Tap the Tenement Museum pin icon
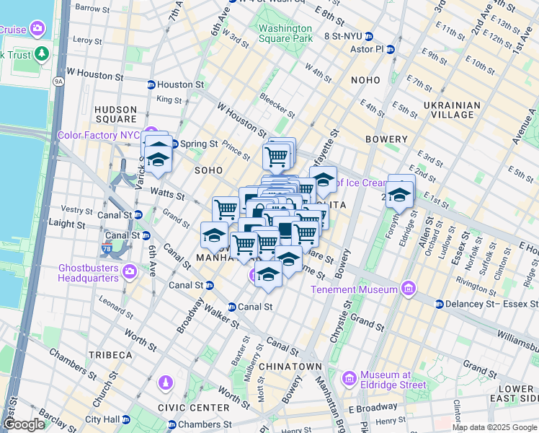click(x=409, y=289)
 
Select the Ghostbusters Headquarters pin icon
click(x=130, y=271)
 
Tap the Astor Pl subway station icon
click(x=391, y=50)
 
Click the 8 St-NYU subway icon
click(x=367, y=36)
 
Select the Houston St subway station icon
click(x=151, y=84)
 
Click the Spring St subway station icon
click(x=174, y=144)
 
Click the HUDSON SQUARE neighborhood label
click(x=115, y=114)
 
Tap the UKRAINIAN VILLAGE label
click(x=451, y=110)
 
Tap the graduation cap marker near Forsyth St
click(x=399, y=193)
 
